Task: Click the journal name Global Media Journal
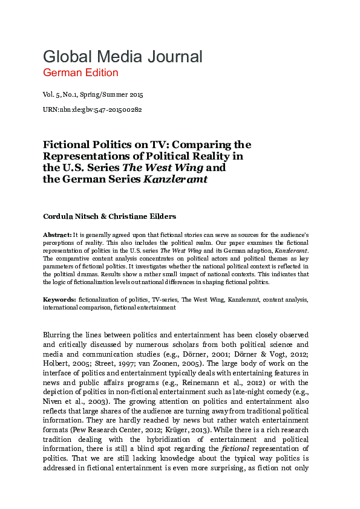[122, 57]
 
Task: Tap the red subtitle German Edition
[80, 73]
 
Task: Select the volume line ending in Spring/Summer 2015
[93, 95]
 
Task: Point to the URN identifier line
[92, 109]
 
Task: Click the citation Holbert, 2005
[66, 363]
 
